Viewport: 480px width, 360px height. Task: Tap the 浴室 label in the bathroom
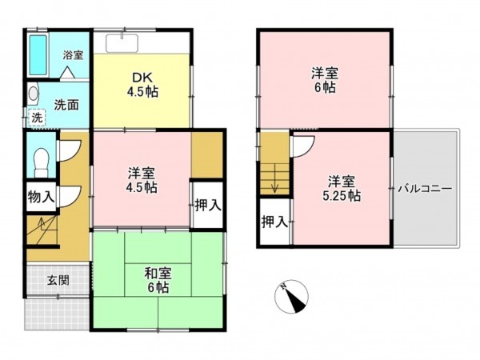coord(74,55)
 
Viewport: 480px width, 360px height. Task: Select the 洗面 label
coord(66,103)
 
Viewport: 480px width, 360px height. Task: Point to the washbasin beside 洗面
coord(31,94)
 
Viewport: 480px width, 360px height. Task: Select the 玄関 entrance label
coord(57,280)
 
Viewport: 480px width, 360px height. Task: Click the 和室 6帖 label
coord(158,280)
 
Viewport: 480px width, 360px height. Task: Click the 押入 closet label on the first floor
coord(207,205)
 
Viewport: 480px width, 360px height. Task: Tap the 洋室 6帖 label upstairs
coord(325,80)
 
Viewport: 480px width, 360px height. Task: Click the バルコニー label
coord(426,190)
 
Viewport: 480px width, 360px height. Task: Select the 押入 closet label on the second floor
coord(274,222)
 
